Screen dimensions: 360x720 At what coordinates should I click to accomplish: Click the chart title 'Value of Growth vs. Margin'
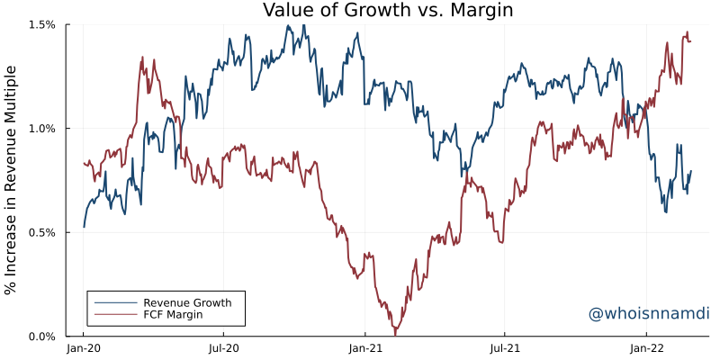coord(387,11)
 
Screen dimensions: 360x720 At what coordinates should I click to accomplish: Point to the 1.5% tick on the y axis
coord(41,25)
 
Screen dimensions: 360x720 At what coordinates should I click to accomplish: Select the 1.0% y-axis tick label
coord(41,129)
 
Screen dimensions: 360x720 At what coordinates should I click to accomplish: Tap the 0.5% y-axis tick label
coord(41,232)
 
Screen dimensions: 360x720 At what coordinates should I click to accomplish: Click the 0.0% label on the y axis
coord(41,337)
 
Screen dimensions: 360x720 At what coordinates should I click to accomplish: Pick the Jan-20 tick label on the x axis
coord(84,347)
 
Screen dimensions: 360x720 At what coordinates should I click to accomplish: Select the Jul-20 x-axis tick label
coord(223,347)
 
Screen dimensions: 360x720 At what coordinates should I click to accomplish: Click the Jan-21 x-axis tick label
coord(364,347)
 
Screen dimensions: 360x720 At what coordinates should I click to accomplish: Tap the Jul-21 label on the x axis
coord(504,347)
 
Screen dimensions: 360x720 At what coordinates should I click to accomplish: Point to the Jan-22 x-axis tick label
coord(645,347)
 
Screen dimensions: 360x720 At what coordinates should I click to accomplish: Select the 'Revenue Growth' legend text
coord(187,301)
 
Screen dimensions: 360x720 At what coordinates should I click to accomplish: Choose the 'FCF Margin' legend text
coord(173,315)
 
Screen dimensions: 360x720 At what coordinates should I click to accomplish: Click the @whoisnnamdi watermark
coord(648,313)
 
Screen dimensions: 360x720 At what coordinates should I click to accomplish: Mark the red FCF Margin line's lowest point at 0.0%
coord(394,335)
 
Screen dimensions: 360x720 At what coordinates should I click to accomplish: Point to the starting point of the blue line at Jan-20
coord(84,227)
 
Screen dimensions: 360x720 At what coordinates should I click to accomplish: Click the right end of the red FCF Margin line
coord(690,40)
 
